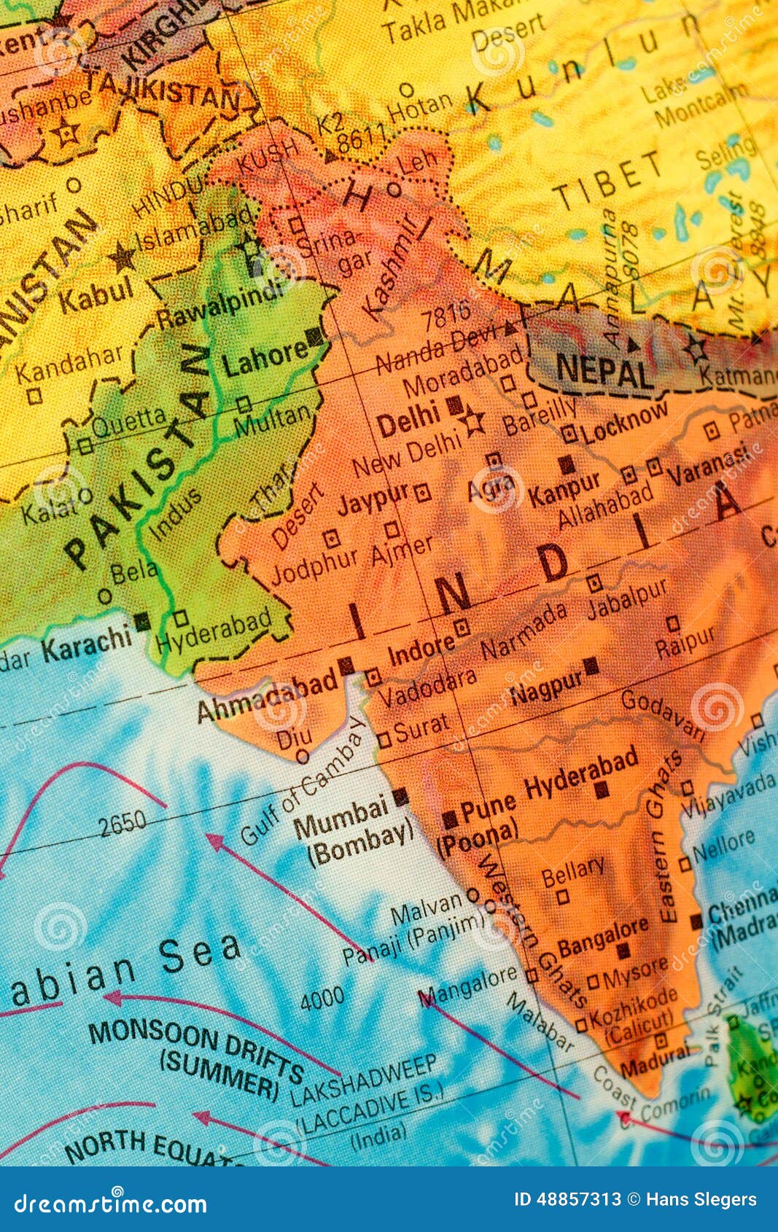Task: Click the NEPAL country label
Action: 604,371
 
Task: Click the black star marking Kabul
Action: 122,257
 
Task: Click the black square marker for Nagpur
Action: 591,665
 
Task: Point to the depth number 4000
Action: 322,998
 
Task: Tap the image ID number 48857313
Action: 580,1199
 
